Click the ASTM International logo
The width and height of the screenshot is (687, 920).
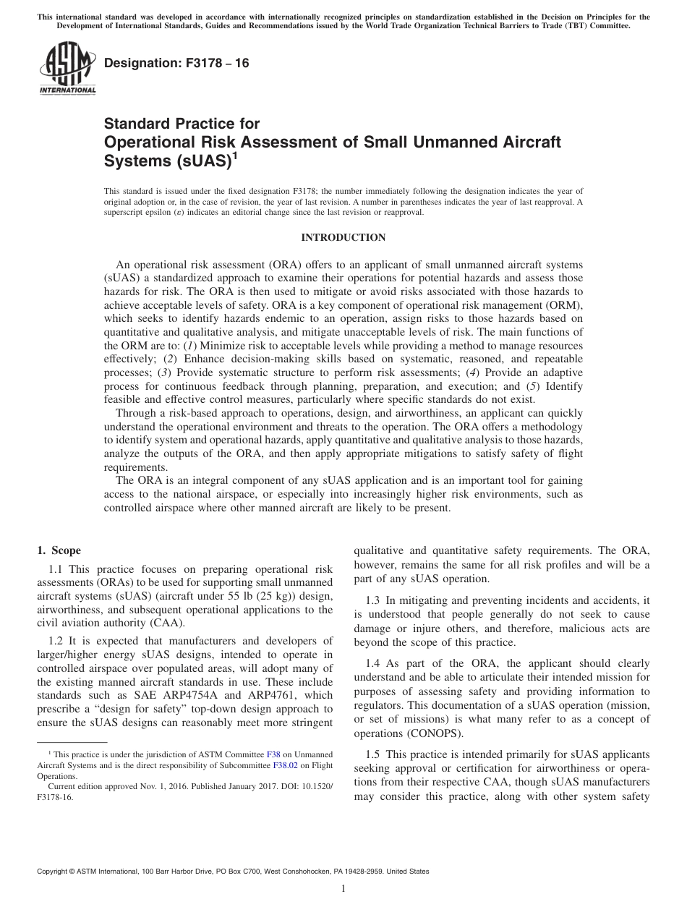point(67,69)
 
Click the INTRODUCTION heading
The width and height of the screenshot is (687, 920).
point(343,238)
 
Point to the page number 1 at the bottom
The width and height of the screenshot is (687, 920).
point(343,890)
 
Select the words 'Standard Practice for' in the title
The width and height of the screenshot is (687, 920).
point(182,124)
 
